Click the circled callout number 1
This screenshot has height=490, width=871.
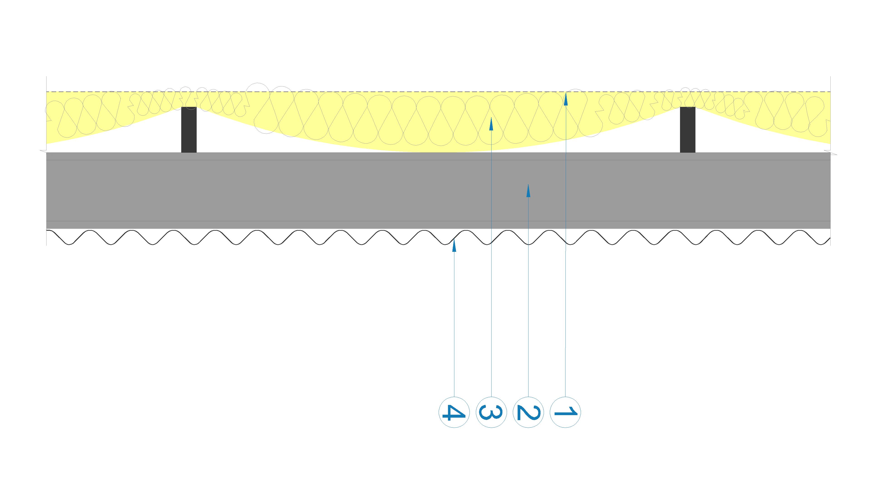click(565, 412)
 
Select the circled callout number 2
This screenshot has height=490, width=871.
click(528, 412)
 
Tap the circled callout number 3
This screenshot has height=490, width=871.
click(491, 412)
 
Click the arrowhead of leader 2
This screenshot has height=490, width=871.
click(528, 190)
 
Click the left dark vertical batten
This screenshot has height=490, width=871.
click(189, 130)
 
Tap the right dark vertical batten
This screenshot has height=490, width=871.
click(688, 130)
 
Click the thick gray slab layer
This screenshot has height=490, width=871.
click(438, 190)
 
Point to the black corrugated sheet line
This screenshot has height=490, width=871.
click(438, 237)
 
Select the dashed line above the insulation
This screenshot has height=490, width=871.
click(438, 92)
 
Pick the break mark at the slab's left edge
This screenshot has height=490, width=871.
click(44, 151)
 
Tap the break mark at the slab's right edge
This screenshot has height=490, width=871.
click(833, 154)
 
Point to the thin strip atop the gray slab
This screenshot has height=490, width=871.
click(438, 156)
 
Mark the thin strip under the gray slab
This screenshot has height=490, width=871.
click(438, 225)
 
